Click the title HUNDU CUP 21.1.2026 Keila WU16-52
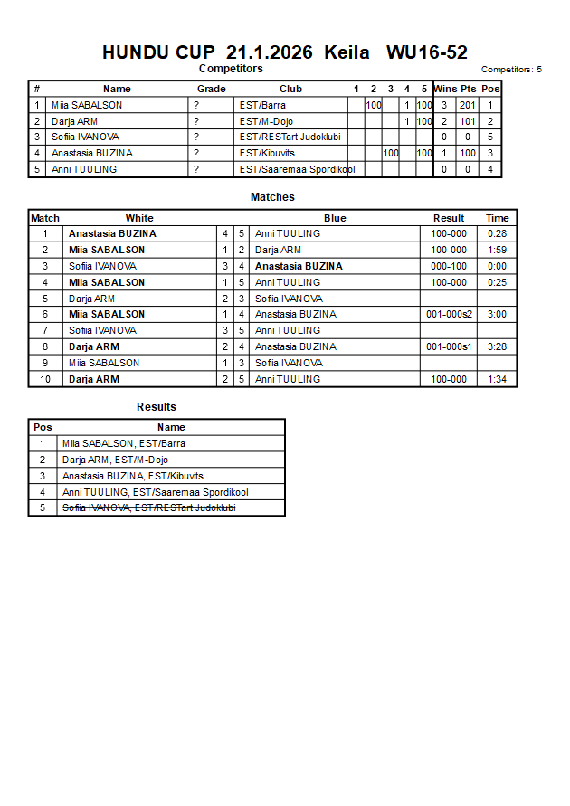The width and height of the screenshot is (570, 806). click(284, 52)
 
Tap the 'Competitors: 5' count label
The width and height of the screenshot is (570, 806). click(511, 70)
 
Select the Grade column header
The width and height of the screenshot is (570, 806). click(212, 89)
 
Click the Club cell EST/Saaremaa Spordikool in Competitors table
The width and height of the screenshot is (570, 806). click(297, 169)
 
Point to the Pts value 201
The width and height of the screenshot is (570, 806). click(467, 105)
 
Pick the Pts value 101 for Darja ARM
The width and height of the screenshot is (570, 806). click(467, 121)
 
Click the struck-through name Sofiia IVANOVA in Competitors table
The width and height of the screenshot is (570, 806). click(85, 137)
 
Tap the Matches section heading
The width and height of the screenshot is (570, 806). click(272, 197)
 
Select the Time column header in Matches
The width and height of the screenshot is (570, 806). click(497, 218)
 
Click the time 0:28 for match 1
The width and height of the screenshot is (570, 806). click(497, 233)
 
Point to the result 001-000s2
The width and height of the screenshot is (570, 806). click(449, 314)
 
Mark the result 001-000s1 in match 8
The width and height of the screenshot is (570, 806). click(449, 346)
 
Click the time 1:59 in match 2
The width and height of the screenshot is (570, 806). click(497, 250)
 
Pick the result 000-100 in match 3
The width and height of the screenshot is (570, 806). click(449, 266)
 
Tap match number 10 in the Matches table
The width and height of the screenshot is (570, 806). click(45, 379)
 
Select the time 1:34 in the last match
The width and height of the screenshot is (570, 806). click(497, 379)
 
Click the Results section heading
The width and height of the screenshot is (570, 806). click(157, 407)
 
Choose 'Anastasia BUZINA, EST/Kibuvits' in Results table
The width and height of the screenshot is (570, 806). click(132, 476)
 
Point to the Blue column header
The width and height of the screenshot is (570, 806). click(335, 218)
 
